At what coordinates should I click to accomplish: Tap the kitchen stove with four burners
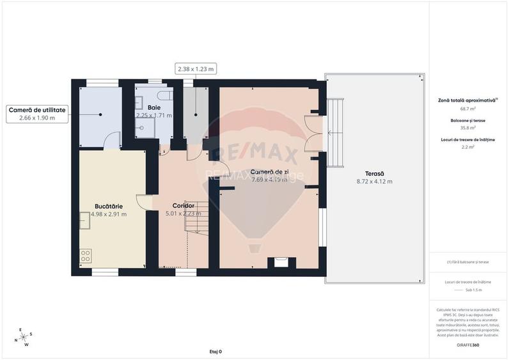point(85,258)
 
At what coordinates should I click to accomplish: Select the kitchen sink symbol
point(85,219)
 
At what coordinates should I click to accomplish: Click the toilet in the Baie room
point(166,95)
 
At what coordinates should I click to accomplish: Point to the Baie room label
point(153,107)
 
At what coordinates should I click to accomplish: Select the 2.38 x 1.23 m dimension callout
point(195,68)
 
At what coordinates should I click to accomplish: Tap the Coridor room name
point(183,205)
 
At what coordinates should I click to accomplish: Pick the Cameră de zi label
point(269,172)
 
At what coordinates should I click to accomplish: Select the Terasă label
point(374,174)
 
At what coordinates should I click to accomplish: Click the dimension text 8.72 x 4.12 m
point(374,182)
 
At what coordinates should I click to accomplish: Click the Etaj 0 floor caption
point(215,352)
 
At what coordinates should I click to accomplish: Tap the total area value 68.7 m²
point(469,109)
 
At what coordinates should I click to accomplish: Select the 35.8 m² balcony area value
point(469,127)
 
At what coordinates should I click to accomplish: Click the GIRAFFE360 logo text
point(468,345)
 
